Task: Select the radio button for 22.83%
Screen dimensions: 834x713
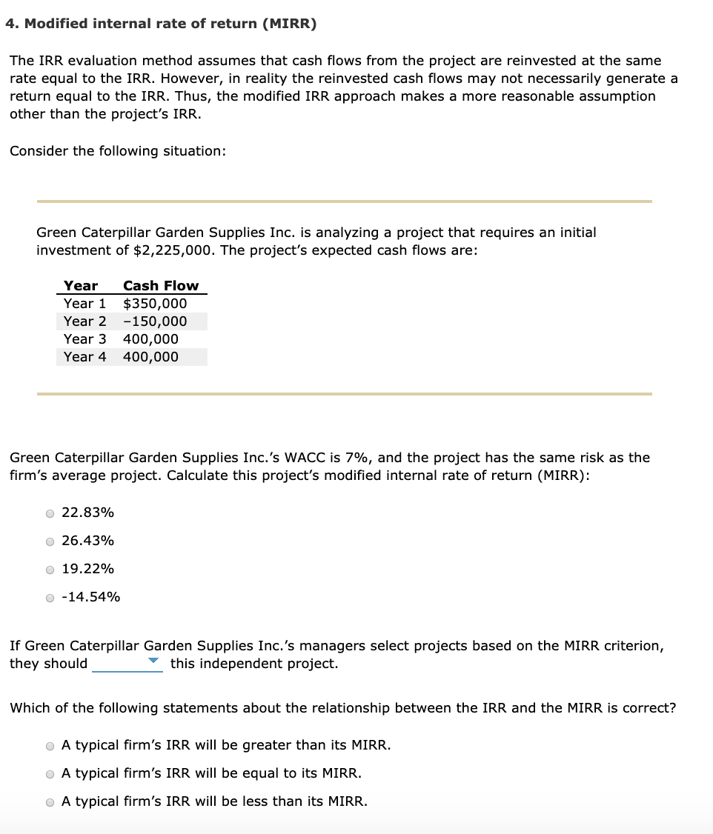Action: click(x=50, y=513)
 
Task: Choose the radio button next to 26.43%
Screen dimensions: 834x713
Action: click(x=50, y=541)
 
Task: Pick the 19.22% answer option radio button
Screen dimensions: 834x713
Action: click(x=50, y=570)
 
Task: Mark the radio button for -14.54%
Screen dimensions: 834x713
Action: click(x=50, y=598)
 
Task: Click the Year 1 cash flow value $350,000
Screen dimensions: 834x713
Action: click(x=155, y=304)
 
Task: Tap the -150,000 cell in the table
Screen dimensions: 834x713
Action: click(x=155, y=321)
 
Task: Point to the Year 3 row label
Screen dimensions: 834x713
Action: click(x=84, y=339)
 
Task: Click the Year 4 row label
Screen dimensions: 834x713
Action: click(x=84, y=357)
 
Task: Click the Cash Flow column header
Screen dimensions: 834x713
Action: click(x=161, y=286)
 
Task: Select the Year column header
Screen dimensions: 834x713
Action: click(x=80, y=286)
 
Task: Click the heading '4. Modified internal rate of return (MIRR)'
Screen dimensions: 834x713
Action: click(x=160, y=24)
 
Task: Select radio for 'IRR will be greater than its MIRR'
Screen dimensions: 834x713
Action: click(x=50, y=746)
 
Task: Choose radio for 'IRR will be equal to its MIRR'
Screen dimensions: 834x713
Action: click(x=50, y=774)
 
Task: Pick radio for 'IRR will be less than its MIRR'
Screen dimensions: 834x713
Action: click(x=50, y=802)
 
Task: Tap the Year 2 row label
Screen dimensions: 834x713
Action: click(x=84, y=321)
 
